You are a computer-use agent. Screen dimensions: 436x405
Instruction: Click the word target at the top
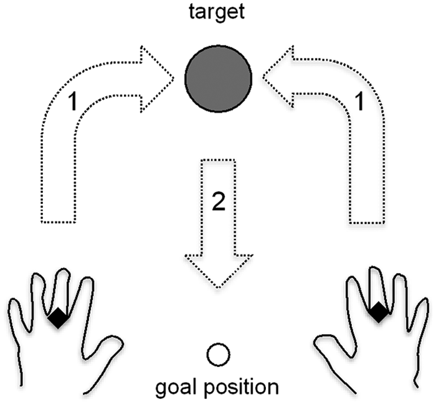tap(217, 12)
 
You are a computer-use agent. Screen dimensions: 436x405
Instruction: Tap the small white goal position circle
tap(218, 355)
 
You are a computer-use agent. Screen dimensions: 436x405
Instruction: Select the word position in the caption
tap(242, 388)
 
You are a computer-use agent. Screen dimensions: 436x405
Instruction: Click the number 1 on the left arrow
tap(73, 101)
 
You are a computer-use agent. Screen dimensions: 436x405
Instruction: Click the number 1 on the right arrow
tap(359, 101)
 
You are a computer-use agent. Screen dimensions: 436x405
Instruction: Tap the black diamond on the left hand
tap(58, 318)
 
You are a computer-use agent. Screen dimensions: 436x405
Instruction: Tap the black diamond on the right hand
tap(378, 312)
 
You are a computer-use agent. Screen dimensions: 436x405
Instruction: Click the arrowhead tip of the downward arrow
tap(218, 288)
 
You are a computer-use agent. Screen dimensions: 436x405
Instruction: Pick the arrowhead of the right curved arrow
tap(278, 75)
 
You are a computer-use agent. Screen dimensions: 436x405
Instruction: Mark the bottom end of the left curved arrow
tap(59, 222)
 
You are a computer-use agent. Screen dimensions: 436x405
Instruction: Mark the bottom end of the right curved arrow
tap(367, 223)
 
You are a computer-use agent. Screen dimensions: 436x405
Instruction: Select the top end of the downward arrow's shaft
tap(218, 160)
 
